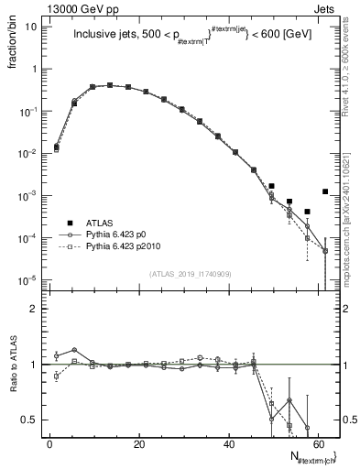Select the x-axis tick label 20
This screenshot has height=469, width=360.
point(138,444)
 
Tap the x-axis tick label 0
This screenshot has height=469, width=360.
point(49,444)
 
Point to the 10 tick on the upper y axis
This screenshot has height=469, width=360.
point(30,27)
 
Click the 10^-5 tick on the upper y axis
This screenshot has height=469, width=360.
point(27,280)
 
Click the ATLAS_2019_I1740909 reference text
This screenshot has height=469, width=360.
point(190,274)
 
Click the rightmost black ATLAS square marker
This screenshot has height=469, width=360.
point(325,191)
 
